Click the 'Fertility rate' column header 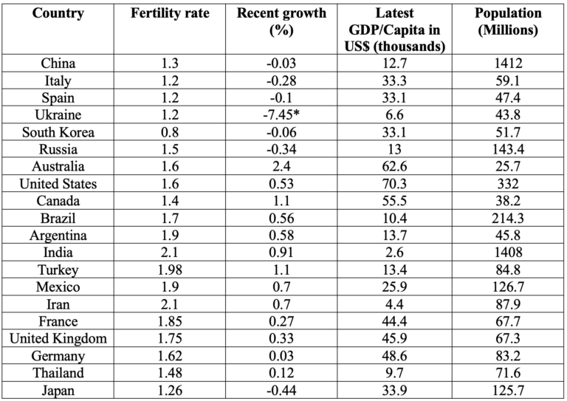tap(169, 14)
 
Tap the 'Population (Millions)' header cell tap(509, 22)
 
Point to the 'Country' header tap(58, 14)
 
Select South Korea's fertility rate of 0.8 tap(169, 133)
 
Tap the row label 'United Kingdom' tap(58, 338)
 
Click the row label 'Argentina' tap(58, 236)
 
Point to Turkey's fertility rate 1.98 tap(169, 270)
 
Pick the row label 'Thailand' tap(58, 372)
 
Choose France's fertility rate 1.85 tap(169, 321)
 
